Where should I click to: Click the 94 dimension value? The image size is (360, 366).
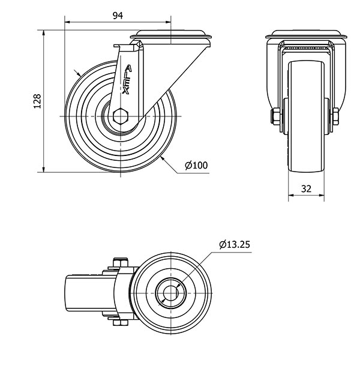click(118, 16)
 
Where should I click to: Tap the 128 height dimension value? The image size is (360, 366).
click(37, 101)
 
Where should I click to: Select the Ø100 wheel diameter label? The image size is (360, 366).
click(196, 165)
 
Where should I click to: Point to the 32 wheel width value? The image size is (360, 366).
click(306, 188)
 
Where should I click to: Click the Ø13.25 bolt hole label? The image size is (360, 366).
click(235, 244)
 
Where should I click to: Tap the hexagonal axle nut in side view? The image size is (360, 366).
click(120, 116)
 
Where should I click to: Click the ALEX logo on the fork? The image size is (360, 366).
click(127, 79)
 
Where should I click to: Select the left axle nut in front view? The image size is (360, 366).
click(275, 116)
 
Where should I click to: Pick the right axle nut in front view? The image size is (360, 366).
click(335, 116)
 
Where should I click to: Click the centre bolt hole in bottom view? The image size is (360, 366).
click(170, 293)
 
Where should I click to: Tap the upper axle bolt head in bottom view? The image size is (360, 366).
click(121, 262)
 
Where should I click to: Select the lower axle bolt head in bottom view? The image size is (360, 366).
click(121, 323)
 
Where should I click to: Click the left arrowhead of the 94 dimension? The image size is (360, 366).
click(67, 22)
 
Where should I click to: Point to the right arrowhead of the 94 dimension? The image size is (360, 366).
click(168, 22)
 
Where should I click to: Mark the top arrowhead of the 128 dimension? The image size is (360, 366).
click(44, 33)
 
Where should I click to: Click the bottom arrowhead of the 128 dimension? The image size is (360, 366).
click(44, 169)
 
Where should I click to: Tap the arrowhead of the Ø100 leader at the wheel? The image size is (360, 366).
click(163, 159)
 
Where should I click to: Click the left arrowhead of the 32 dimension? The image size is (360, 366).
click(291, 195)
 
